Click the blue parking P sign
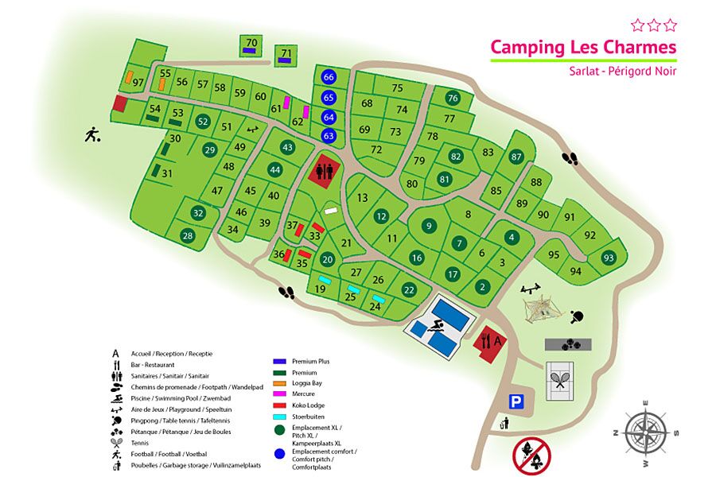[516, 402]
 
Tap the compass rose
[645, 433]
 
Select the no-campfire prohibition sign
[531, 456]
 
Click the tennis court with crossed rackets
[562, 381]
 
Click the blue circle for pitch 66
[329, 77]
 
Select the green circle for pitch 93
[609, 258]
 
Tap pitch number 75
[397, 88]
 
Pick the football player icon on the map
[93, 134]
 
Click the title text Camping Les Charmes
[583, 47]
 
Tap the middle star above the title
[653, 25]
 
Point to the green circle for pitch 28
[188, 235]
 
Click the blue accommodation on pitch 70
[251, 51]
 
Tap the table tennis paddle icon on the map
[578, 316]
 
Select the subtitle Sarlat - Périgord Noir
[623, 71]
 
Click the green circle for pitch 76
[453, 99]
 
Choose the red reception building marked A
[487, 343]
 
